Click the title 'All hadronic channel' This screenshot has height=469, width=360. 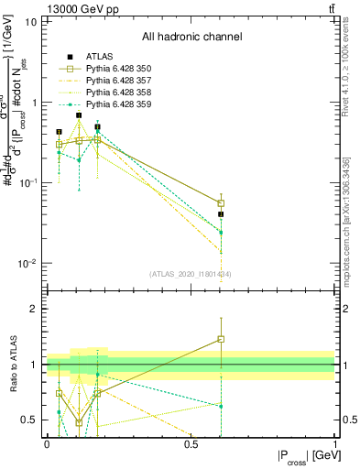(191, 38)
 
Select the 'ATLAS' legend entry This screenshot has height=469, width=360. (101, 57)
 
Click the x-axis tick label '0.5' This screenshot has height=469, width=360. (191, 443)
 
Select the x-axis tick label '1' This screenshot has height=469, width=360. (334, 443)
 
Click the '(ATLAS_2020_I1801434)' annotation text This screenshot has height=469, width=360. (190, 274)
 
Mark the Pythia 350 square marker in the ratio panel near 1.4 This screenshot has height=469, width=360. (220, 339)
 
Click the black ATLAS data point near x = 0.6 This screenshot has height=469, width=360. (220, 214)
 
